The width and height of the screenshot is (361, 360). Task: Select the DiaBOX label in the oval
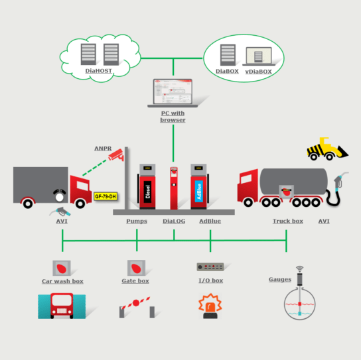[x=227, y=70]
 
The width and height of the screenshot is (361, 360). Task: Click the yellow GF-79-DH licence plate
[x=106, y=196]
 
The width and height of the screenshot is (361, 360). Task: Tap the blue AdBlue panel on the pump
[x=198, y=190]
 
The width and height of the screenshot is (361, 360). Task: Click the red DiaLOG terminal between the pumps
[x=173, y=188]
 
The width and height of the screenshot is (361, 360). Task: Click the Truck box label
[x=287, y=221]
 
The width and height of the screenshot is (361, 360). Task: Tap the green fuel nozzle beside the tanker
[x=341, y=180]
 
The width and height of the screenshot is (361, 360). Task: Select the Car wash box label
[x=62, y=281]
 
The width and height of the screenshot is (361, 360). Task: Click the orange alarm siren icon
[x=210, y=306]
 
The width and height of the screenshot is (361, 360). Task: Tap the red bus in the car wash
[x=62, y=307]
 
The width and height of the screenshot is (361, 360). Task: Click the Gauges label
[x=279, y=279]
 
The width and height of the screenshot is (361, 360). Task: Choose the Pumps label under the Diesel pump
[x=137, y=221]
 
